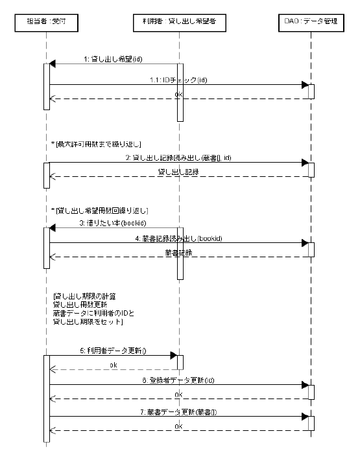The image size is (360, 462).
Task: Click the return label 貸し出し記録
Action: (178, 172)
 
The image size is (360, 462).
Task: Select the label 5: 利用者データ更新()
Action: (112, 351)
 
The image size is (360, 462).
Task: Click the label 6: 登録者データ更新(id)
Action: (178, 379)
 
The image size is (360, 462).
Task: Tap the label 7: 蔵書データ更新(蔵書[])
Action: (178, 411)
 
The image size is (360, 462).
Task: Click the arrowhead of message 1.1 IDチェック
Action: (304, 84)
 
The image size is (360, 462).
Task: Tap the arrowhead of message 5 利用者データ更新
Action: (173, 355)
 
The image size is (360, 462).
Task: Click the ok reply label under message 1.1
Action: (178, 95)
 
